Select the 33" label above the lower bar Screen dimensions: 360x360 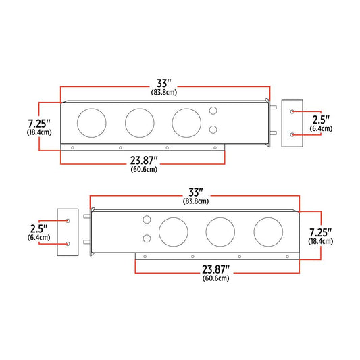coord(196,192)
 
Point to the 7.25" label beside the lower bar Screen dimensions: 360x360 coord(320,231)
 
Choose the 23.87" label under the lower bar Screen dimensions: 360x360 coord(215,269)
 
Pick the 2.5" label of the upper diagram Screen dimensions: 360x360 coord(321,118)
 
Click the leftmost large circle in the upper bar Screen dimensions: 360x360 coord(91,122)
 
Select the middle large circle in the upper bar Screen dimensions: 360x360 coord(138,122)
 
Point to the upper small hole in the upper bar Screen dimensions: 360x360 coord(213,111)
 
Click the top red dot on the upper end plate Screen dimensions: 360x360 coord(292,111)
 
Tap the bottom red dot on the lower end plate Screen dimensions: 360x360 coord(68,243)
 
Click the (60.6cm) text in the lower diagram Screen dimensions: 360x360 coord(215,278)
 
